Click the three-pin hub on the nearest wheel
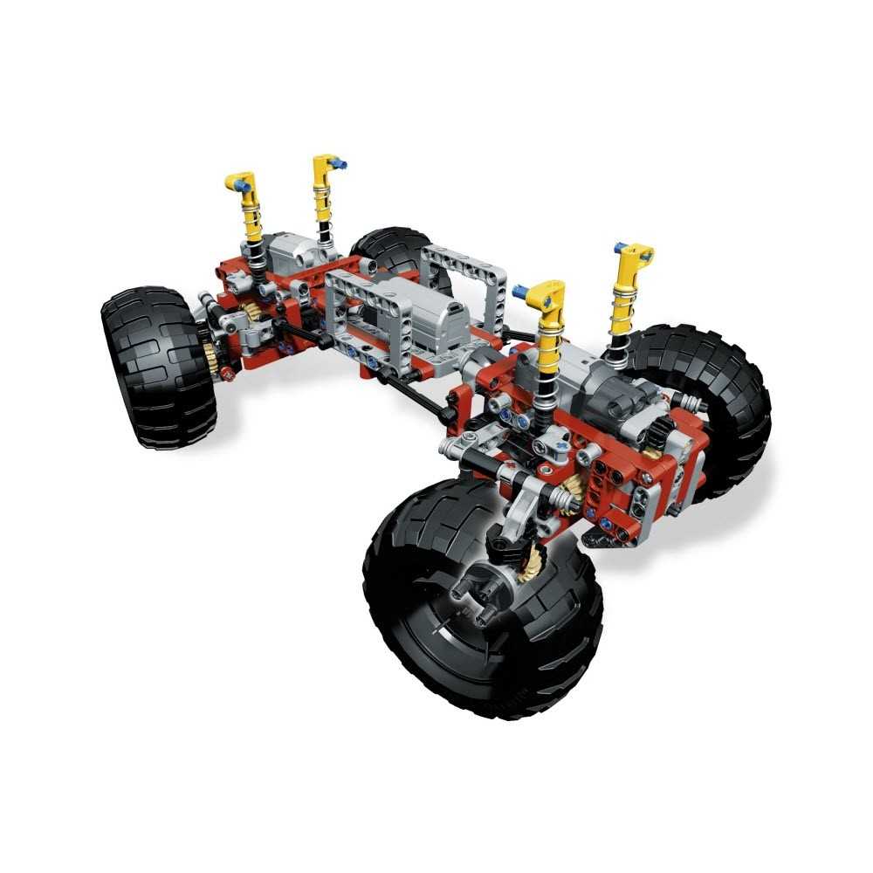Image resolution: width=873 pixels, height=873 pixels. [x=485, y=595]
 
